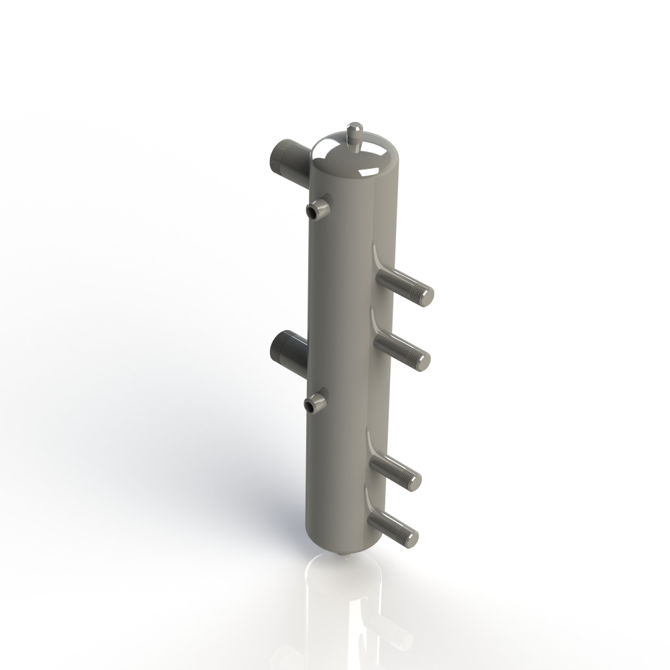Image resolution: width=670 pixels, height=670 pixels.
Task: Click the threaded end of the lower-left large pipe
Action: (280, 346)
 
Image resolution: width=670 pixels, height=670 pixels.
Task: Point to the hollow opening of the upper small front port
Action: (313, 212)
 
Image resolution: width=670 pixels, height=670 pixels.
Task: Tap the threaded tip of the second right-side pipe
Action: (419, 360)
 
